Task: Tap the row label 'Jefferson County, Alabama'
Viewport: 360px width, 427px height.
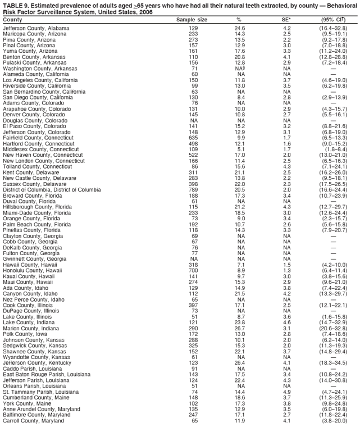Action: point(32,28)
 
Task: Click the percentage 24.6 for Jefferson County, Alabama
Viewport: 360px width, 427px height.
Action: point(240,28)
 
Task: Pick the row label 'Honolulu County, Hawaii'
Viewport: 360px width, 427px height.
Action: point(33,271)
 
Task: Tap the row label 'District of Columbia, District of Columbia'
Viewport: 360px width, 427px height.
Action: point(51,190)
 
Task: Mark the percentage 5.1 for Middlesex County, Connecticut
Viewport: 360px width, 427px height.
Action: point(241,149)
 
